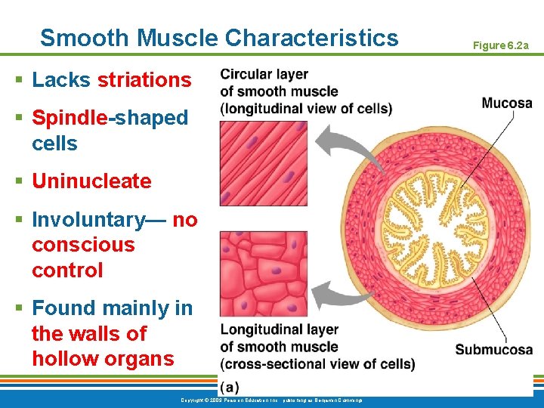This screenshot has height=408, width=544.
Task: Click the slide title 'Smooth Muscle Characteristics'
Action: pos(218,37)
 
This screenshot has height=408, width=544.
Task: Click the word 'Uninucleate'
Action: pos(91,181)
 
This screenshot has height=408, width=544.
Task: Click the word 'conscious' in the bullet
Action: pos(83,245)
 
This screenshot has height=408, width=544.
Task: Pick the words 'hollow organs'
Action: pos(103,359)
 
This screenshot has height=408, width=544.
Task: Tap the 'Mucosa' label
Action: pos(506,103)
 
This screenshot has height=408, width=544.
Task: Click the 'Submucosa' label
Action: pos(493,350)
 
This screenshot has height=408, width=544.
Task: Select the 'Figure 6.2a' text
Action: pos(500,46)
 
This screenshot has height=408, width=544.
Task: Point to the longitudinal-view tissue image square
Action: pos(263,163)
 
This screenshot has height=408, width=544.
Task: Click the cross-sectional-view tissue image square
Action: pos(263,274)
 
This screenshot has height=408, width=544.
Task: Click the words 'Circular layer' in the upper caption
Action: pos(264,75)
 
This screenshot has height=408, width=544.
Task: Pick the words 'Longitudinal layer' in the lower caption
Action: pos(279,330)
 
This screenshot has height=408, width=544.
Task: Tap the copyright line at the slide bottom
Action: pos(272,400)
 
